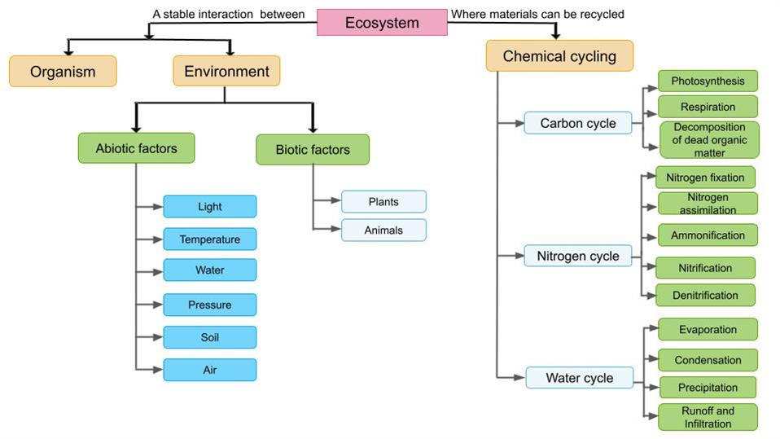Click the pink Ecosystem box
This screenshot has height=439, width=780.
pyautogui.click(x=382, y=23)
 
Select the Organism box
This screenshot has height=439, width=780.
pyautogui.click(x=63, y=71)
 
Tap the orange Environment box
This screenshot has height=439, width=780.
pyautogui.click(x=226, y=71)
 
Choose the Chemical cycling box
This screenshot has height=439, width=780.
pyautogui.click(x=559, y=56)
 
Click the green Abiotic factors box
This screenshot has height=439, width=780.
pyautogui.click(x=136, y=148)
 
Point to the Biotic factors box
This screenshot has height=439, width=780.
pyautogui.click(x=313, y=150)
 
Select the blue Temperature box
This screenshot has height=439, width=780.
pyautogui.click(x=210, y=239)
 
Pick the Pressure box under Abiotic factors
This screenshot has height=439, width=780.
pyautogui.click(x=210, y=305)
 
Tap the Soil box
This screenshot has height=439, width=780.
pyautogui.click(x=210, y=337)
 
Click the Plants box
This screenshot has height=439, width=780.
pyautogui.click(x=383, y=202)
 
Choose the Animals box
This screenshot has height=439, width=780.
pyautogui.click(x=383, y=230)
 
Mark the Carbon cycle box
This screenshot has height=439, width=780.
pyautogui.click(x=578, y=124)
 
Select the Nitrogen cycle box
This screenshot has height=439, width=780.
pyautogui.click(x=578, y=257)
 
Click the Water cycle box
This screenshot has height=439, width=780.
pyautogui.click(x=580, y=378)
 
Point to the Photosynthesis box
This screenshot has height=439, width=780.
pyautogui.click(x=708, y=81)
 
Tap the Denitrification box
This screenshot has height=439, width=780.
pyautogui.click(x=705, y=295)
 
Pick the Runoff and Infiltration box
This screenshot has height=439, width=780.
pyautogui.click(x=707, y=417)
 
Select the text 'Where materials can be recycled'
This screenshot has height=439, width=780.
pyautogui.click(x=538, y=14)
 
